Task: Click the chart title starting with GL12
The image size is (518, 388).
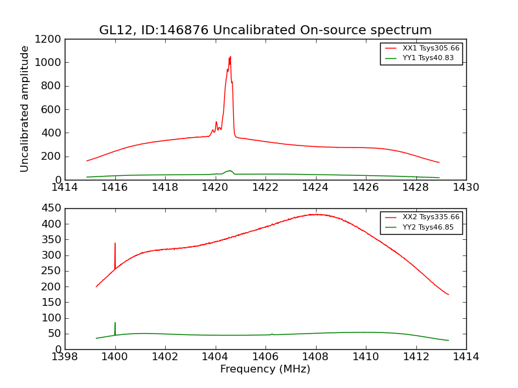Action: point(265,30)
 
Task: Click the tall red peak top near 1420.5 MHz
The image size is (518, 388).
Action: point(230,58)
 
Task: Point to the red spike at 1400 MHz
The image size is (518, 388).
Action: point(115,244)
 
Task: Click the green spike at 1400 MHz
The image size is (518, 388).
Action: point(115,323)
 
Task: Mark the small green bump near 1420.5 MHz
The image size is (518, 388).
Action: point(229,171)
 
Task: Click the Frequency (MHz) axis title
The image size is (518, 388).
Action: point(265,369)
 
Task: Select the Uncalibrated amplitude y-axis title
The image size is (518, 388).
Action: point(25,109)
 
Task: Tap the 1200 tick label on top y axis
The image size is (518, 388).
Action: point(50,39)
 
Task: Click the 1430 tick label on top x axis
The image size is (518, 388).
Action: point(466,188)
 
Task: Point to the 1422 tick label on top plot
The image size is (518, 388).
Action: point(265,188)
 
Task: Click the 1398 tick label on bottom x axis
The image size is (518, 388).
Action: point(65,357)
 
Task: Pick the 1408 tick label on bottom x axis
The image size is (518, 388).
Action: point(315,357)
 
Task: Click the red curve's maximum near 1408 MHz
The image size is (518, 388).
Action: point(315,214)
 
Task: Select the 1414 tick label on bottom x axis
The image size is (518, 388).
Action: point(466,357)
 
